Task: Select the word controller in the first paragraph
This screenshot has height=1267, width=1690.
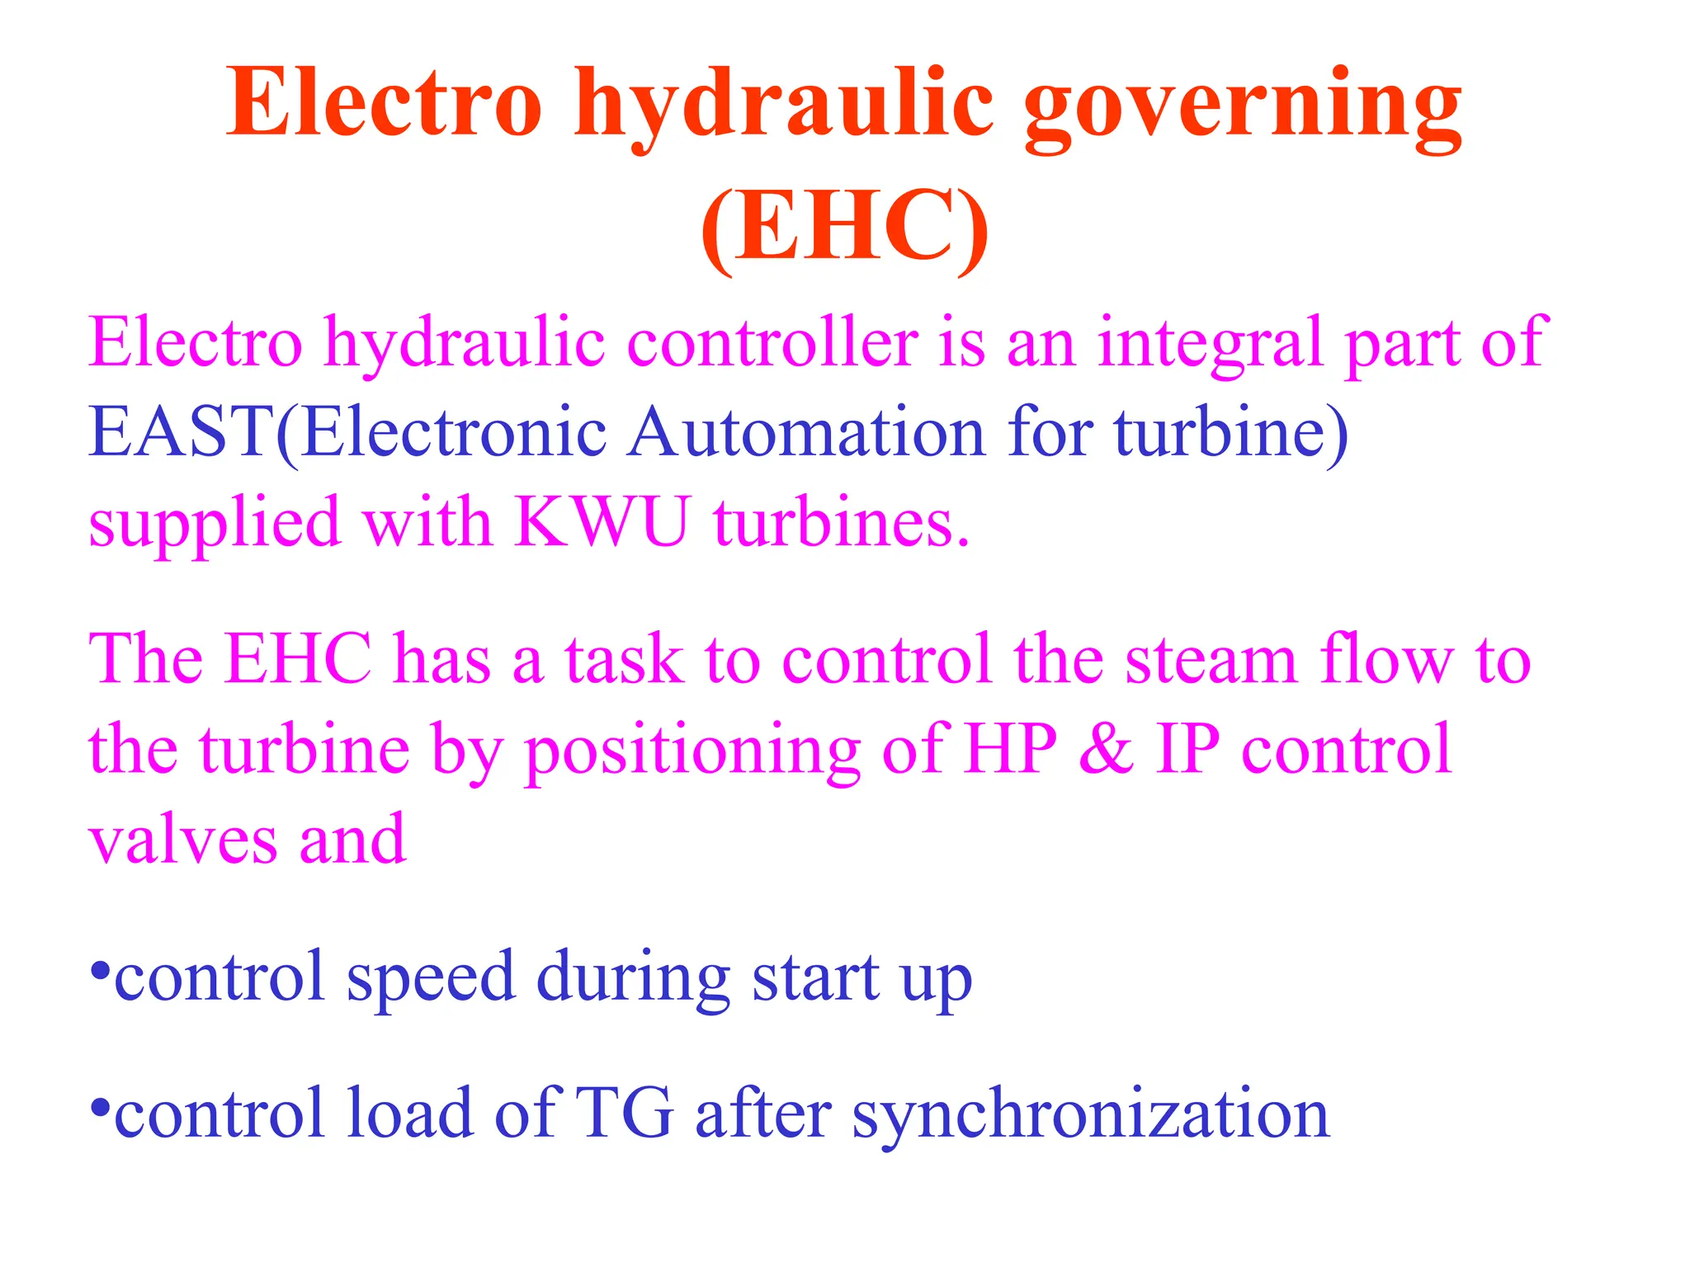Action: click(772, 342)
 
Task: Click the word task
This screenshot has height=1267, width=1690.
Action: click(624, 660)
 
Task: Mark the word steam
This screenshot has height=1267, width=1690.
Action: click(1211, 660)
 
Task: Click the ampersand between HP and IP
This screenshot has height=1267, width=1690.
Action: click(1106, 749)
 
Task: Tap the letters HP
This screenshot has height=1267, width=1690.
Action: click(1011, 749)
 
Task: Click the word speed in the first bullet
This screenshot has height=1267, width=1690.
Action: click(430, 978)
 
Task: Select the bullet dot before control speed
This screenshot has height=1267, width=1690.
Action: click(100, 969)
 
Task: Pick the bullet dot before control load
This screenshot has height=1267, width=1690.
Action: click(100, 1106)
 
